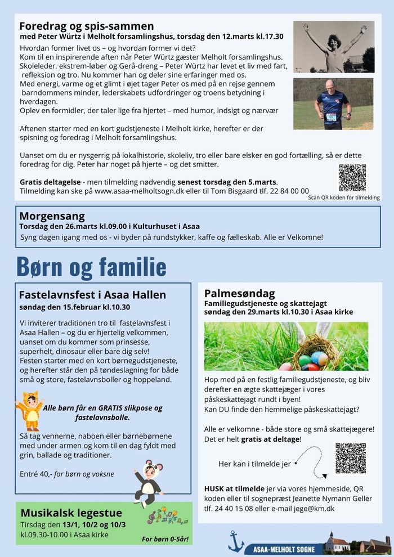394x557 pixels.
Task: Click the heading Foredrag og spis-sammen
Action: pyautogui.click(x=86, y=26)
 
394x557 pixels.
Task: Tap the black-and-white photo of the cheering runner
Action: pyautogui.click(x=334, y=47)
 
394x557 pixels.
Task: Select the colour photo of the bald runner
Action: pyautogui.click(x=333, y=104)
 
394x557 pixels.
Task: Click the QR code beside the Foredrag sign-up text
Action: pyautogui.click(x=352, y=178)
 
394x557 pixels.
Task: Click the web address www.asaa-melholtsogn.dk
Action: pyautogui.click(x=143, y=191)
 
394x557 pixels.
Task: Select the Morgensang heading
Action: pyautogui.click(x=52, y=216)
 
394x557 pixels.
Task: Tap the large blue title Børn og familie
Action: pyautogui.click(x=91, y=266)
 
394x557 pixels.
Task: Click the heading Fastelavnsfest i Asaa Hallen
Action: pyautogui.click(x=92, y=295)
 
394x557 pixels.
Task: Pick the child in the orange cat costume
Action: pyautogui.click(x=29, y=411)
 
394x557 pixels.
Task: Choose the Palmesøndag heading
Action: pyautogui.click(x=239, y=293)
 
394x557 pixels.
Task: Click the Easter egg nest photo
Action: pyautogui.click(x=286, y=346)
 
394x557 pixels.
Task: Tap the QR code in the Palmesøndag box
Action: pyautogui.click(x=350, y=458)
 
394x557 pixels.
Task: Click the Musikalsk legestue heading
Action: pyautogui.click(x=71, y=513)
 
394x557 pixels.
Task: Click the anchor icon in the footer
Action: pyautogui.click(x=236, y=541)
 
